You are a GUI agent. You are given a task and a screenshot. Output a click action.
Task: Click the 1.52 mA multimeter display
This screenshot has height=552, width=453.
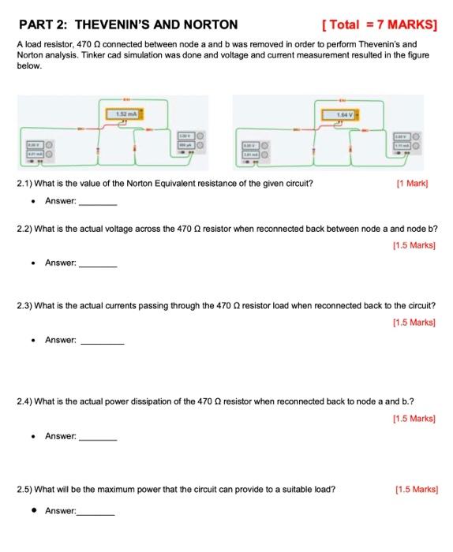[x=125, y=115]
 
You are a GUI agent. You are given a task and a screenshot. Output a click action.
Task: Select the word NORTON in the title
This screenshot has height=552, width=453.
[x=209, y=24]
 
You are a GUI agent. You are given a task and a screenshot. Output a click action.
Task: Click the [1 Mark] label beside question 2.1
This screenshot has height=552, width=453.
[x=417, y=183]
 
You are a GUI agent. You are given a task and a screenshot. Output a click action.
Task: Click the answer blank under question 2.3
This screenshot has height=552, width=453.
[x=103, y=343]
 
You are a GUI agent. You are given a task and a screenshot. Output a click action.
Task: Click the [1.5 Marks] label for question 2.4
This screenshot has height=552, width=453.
[x=414, y=418]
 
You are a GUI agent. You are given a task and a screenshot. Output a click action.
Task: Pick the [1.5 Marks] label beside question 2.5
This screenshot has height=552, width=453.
[x=414, y=489]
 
